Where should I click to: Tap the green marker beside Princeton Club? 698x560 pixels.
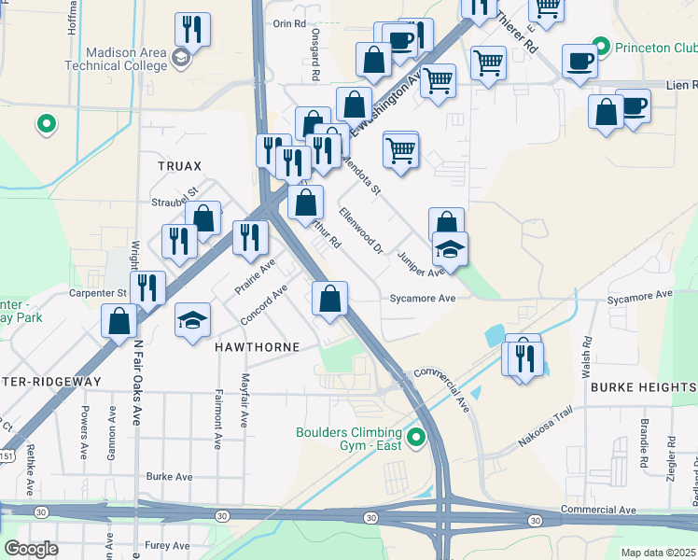(x=603, y=46)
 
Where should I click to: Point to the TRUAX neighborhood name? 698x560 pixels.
(x=179, y=166)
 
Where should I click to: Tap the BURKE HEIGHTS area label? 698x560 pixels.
(x=642, y=387)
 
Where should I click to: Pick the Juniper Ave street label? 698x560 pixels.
(x=421, y=264)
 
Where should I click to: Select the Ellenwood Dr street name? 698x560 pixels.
(x=361, y=230)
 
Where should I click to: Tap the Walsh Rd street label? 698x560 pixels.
(x=587, y=357)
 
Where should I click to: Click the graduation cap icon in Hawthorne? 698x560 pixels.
(x=192, y=319)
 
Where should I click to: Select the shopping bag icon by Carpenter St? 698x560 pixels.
(x=119, y=320)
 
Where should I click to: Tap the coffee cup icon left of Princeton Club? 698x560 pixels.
(x=579, y=61)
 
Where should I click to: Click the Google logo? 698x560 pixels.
(x=32, y=549)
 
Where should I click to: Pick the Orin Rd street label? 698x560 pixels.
(x=290, y=23)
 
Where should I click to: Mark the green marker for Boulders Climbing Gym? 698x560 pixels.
(x=417, y=436)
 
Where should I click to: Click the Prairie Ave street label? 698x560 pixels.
(x=255, y=278)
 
